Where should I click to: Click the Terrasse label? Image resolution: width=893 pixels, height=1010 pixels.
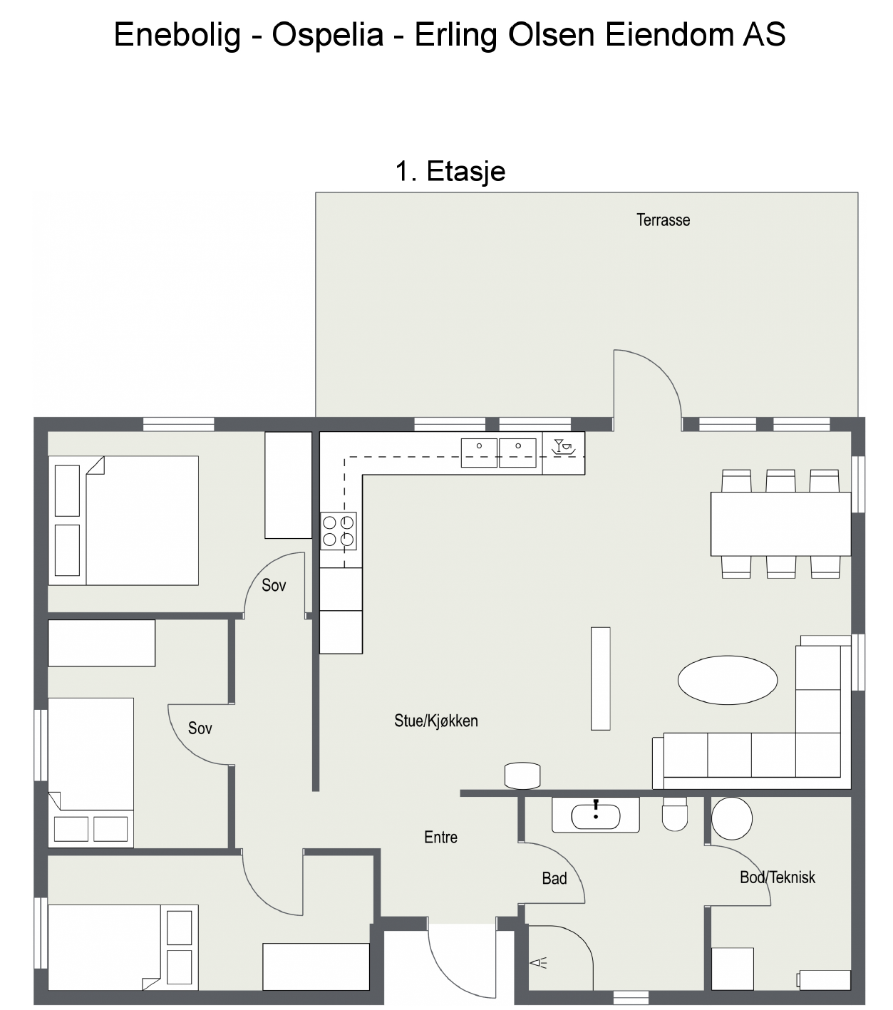click(663, 220)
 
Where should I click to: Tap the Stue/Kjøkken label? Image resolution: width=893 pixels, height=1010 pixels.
click(436, 721)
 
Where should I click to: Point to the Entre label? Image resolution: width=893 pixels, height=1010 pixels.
click(440, 837)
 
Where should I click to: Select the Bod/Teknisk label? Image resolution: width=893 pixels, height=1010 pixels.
click(778, 877)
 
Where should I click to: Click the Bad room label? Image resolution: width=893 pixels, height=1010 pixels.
click(554, 878)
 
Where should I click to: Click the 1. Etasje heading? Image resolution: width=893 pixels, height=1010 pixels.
click(450, 172)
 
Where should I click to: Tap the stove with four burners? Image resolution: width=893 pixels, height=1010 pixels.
click(339, 531)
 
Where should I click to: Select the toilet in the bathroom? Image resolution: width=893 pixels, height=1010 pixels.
click(675, 814)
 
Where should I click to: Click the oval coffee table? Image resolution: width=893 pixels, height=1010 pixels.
click(728, 680)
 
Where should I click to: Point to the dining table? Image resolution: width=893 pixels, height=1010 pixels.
click(781, 524)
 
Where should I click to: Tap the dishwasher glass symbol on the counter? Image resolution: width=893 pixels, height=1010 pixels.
click(564, 447)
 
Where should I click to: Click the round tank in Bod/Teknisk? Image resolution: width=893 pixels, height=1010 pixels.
click(731, 818)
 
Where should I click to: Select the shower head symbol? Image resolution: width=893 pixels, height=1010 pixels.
click(539, 963)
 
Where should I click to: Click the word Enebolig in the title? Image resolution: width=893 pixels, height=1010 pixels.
click(177, 35)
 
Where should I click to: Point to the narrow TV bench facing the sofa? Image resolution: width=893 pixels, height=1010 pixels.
click(600, 679)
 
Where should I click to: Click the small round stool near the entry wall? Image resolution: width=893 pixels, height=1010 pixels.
click(522, 775)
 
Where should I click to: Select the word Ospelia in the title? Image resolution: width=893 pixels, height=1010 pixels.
click(328, 35)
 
